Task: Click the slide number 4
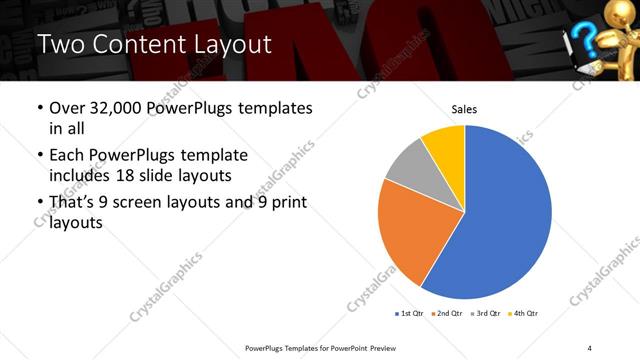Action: [x=589, y=347]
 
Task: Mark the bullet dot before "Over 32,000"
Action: [x=39, y=107]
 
